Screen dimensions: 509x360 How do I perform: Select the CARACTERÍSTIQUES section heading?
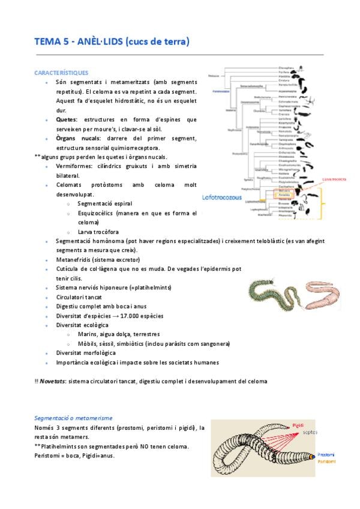(62, 72)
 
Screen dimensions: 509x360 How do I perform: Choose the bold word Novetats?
(53, 381)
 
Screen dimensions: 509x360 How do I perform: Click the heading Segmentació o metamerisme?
(74, 418)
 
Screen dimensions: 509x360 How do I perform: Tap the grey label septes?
(310, 432)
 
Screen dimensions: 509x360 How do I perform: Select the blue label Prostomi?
(327, 455)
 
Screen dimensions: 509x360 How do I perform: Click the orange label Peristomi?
(327, 462)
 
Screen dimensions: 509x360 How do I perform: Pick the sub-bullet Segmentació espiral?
(103, 203)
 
